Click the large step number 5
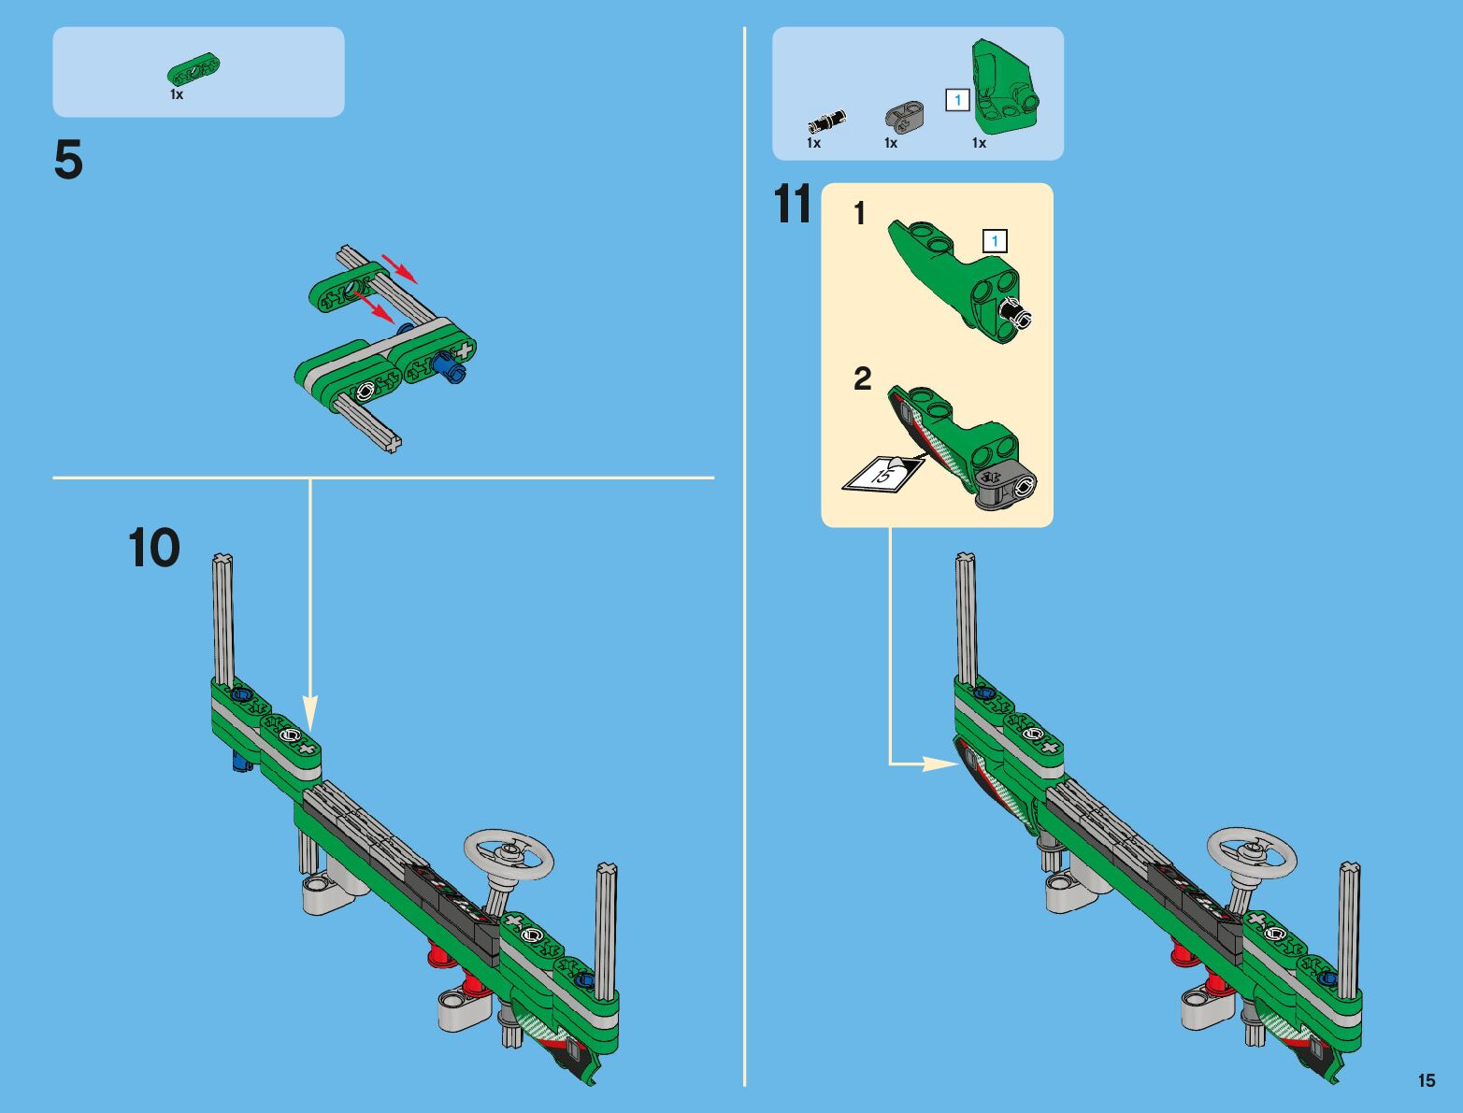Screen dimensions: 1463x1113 click(68, 159)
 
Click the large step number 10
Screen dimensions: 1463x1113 click(154, 548)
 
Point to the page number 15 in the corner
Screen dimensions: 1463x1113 click(1427, 1079)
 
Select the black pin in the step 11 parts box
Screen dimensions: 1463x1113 click(826, 121)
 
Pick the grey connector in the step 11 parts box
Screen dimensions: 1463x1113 click(905, 114)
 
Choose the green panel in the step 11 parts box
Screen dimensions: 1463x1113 click(1004, 86)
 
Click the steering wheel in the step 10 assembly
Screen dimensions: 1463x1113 click(509, 855)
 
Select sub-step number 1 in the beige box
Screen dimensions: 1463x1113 click(860, 213)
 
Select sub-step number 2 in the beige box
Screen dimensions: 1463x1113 click(863, 378)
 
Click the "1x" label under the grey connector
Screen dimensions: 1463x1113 click(891, 143)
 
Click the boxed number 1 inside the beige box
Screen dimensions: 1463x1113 click(995, 240)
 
